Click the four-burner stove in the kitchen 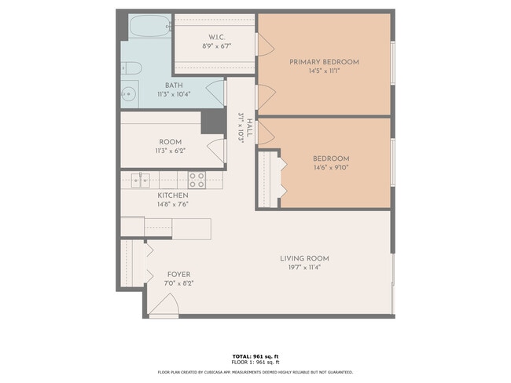click(197, 180)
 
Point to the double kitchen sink click(142, 180)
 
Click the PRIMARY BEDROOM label click(324, 62)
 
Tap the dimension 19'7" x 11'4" click(304, 267)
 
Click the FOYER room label click(178, 274)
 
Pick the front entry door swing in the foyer click(162, 305)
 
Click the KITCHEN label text click(173, 195)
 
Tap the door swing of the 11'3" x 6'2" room click(212, 151)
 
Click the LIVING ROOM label click(304, 258)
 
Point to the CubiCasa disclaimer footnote click(256, 372)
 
